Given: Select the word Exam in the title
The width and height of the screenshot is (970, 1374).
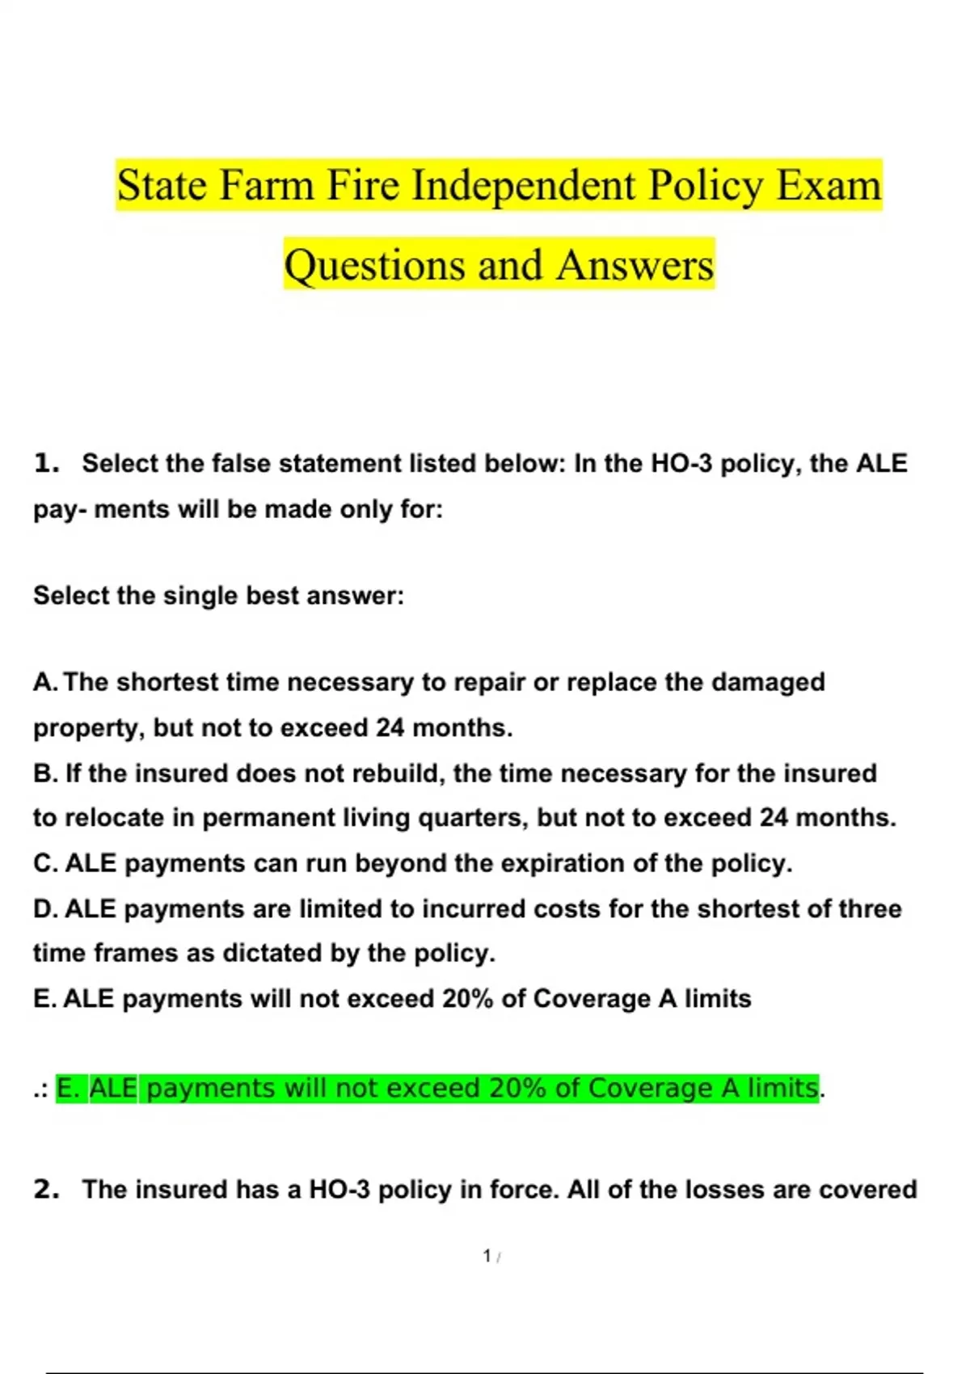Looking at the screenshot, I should tap(829, 185).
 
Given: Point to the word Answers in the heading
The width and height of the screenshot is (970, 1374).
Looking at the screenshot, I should tap(635, 264).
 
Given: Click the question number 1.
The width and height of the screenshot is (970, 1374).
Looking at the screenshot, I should tap(46, 463).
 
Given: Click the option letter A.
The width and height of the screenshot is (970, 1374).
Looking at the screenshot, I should tap(44, 682).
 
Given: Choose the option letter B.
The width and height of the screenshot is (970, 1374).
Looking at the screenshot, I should tap(44, 773).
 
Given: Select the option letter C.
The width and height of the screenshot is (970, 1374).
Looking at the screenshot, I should tap(44, 863).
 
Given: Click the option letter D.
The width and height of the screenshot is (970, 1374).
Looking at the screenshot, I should tap(44, 908).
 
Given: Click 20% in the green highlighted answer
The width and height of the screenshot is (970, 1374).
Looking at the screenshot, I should tap(517, 1088).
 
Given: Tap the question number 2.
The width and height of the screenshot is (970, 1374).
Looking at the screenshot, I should tap(46, 1190).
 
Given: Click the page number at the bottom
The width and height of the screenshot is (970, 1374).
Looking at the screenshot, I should tap(487, 1256).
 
